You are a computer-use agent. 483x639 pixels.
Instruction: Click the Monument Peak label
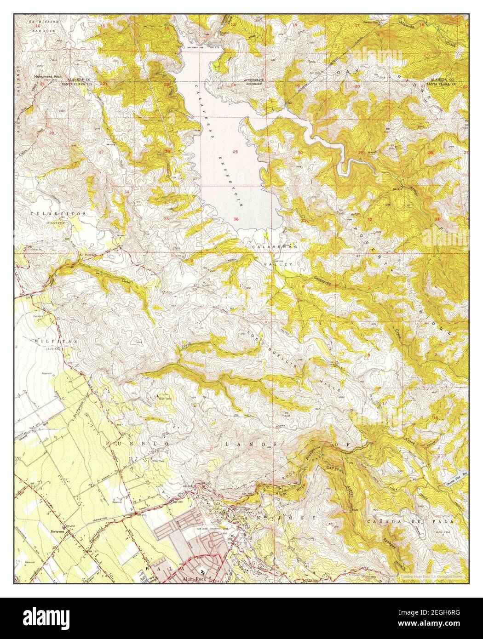[52, 77]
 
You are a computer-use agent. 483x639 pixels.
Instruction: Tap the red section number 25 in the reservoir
[235, 152]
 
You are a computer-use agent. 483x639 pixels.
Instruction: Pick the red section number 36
[236, 219]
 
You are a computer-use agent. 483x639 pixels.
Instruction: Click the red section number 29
[361, 152]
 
